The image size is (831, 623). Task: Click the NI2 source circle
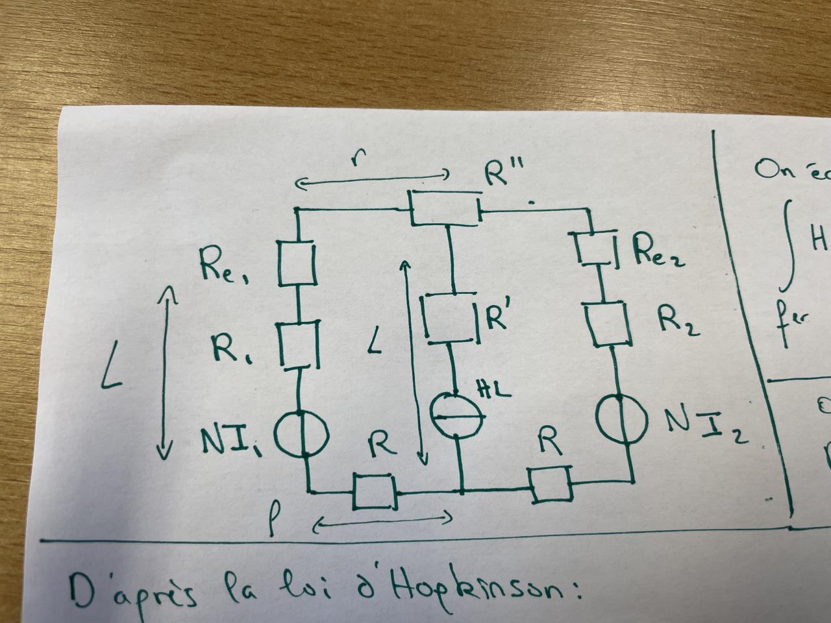pyautogui.click(x=621, y=419)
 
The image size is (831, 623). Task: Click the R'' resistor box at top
pyautogui.click(x=445, y=208)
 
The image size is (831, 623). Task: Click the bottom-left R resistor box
pyautogui.click(x=374, y=492)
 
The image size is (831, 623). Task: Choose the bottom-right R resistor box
pyautogui.click(x=551, y=483)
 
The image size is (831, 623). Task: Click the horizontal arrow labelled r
pyautogui.click(x=372, y=180)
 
